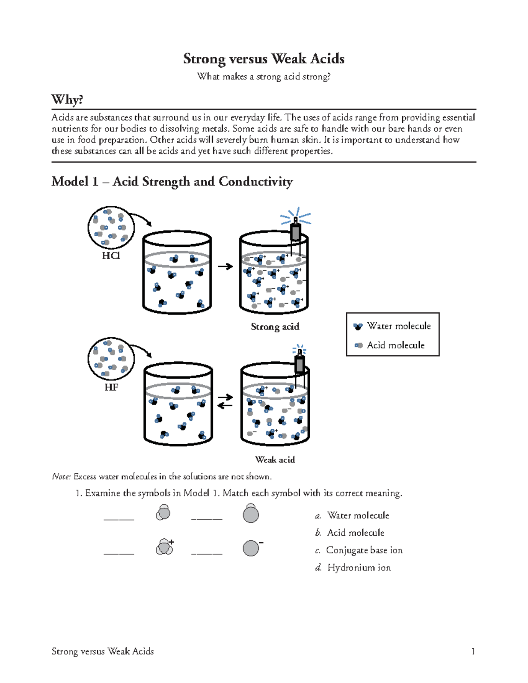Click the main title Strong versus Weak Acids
(264, 59)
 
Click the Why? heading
(67, 99)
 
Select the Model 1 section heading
(172, 182)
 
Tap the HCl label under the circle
(111, 256)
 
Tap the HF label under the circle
(111, 387)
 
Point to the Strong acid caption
(275, 326)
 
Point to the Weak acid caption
(275, 460)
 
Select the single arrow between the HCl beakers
(225, 267)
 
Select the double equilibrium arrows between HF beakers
(225, 401)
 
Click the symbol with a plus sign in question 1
(164, 547)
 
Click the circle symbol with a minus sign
(251, 548)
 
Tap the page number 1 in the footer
(473, 651)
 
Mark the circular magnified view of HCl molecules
(111, 228)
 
